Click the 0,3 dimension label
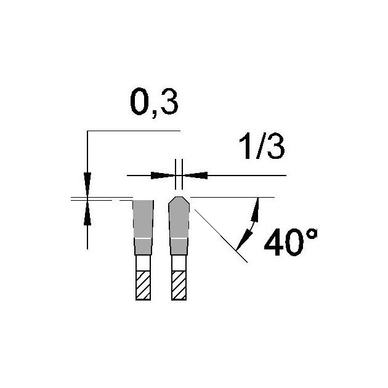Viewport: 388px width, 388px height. pyautogui.click(x=154, y=102)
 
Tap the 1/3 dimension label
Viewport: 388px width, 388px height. pyautogui.click(x=262, y=146)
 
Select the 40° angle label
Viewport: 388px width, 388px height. pyautogui.click(x=291, y=242)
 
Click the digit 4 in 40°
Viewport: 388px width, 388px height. pyautogui.click(x=275, y=242)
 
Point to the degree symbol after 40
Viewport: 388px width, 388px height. pyautogui.click(x=312, y=233)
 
